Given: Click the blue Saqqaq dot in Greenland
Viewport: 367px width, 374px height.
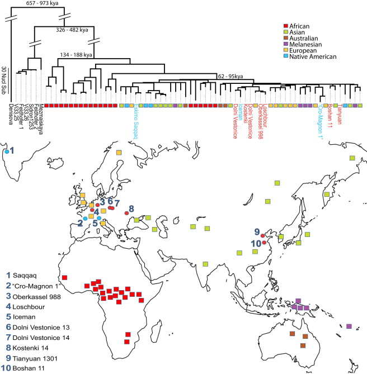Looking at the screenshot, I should click(x=6, y=151).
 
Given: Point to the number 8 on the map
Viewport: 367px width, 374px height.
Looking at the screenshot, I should click(x=131, y=209).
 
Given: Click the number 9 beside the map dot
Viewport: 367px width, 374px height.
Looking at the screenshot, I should click(x=257, y=232).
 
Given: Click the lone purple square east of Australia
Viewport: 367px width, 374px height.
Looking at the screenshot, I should click(x=349, y=326).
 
